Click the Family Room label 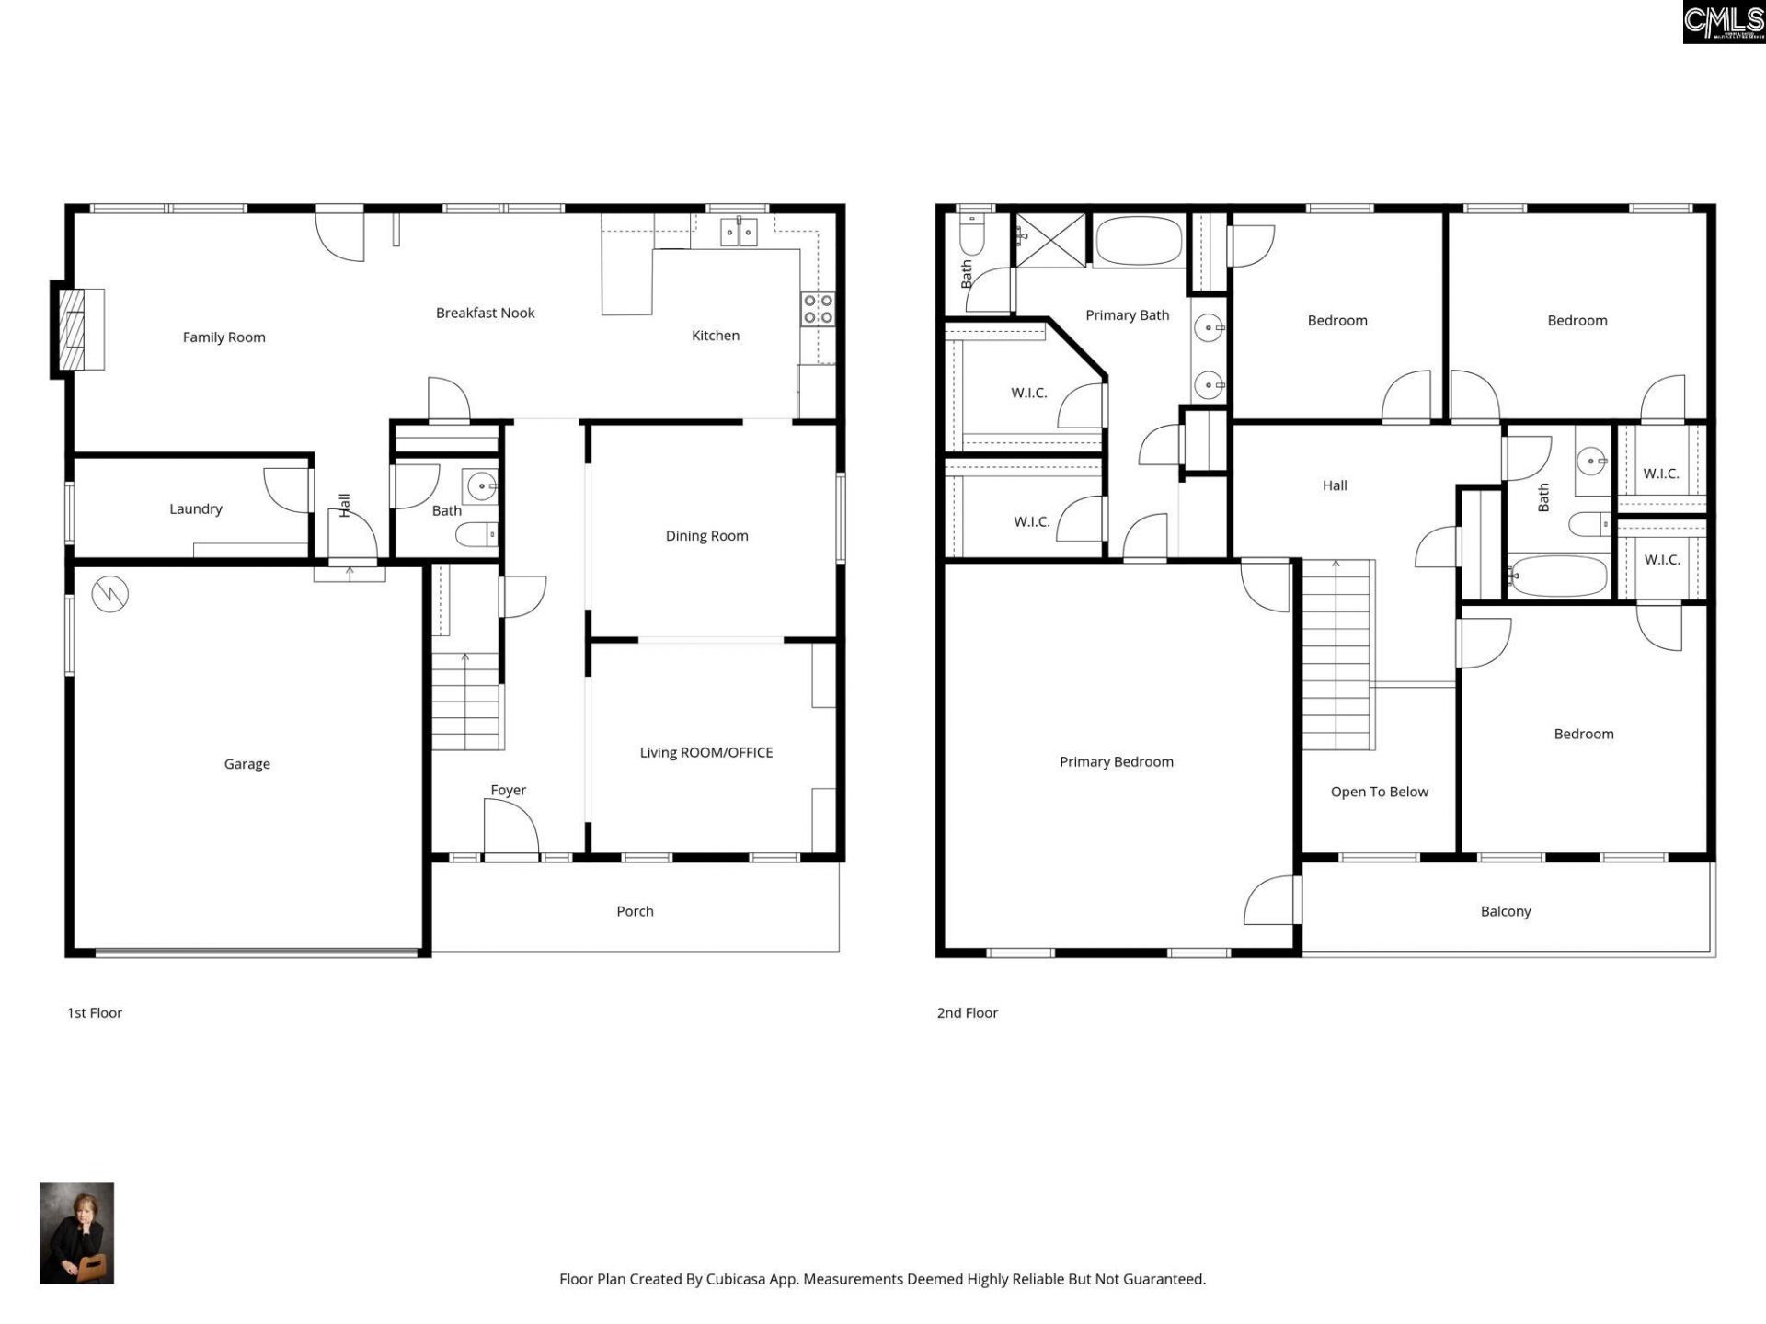point(224,337)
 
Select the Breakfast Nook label point(485,313)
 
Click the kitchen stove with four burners point(818,309)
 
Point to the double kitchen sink point(738,233)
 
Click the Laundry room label point(195,508)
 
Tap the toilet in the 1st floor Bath point(476,534)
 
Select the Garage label point(247,764)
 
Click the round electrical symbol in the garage point(110,595)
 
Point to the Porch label point(635,911)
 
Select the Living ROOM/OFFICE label point(705,752)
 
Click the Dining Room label point(706,536)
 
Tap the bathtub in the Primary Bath point(1139,241)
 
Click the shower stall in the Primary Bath point(1049,240)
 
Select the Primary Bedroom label point(1116,761)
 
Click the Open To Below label point(1379,792)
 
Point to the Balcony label point(1505,911)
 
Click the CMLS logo point(1723,22)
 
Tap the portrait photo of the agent point(76,1233)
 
